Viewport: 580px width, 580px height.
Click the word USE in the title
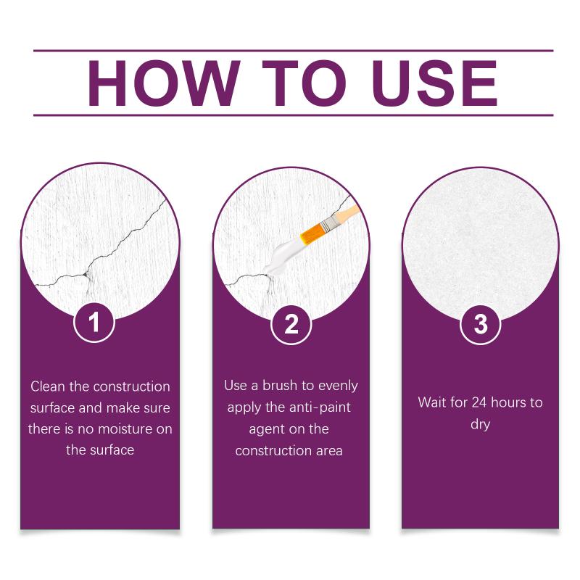pyautogui.click(x=434, y=83)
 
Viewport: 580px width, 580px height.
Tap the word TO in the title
pyautogui.click(x=304, y=83)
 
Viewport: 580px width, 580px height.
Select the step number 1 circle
pyautogui.click(x=94, y=322)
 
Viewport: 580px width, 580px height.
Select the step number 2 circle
pyautogui.click(x=291, y=324)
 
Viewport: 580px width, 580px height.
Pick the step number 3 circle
pyautogui.click(x=481, y=324)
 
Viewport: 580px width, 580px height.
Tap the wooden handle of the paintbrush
pyautogui.click(x=347, y=212)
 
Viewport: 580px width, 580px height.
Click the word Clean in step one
pyautogui.click(x=48, y=386)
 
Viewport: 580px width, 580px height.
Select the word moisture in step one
pyautogui.click(x=125, y=429)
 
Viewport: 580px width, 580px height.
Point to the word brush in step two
pyautogui.click(x=281, y=386)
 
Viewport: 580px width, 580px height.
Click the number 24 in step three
pyautogui.click(x=479, y=402)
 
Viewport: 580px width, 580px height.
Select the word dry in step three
pyautogui.click(x=480, y=425)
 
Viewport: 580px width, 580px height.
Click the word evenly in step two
pyautogui.click(x=338, y=386)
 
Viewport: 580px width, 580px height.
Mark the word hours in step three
pyautogui.click(x=509, y=402)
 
